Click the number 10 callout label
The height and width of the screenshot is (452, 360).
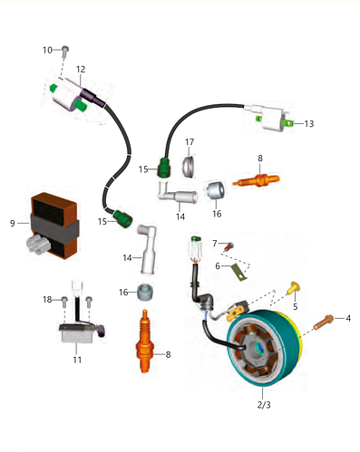(48, 50)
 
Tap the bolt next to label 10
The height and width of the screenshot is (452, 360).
(65, 52)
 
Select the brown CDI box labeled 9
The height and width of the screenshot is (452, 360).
(54, 226)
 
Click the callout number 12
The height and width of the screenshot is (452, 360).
(81, 70)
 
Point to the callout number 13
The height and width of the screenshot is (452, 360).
(309, 124)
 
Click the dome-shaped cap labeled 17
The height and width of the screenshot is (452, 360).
(189, 166)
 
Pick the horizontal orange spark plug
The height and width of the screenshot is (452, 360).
(257, 180)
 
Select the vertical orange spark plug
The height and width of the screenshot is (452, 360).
(145, 341)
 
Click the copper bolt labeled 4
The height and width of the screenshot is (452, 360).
(324, 322)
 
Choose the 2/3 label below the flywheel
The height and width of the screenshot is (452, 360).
(264, 405)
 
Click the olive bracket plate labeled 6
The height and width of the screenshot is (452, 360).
(239, 273)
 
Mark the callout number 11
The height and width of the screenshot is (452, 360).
(77, 360)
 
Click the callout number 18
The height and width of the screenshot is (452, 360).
(47, 300)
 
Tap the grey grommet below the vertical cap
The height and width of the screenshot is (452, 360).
(145, 292)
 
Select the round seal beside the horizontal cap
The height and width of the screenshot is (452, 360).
(215, 190)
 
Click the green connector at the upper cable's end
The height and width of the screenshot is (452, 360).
(164, 168)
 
